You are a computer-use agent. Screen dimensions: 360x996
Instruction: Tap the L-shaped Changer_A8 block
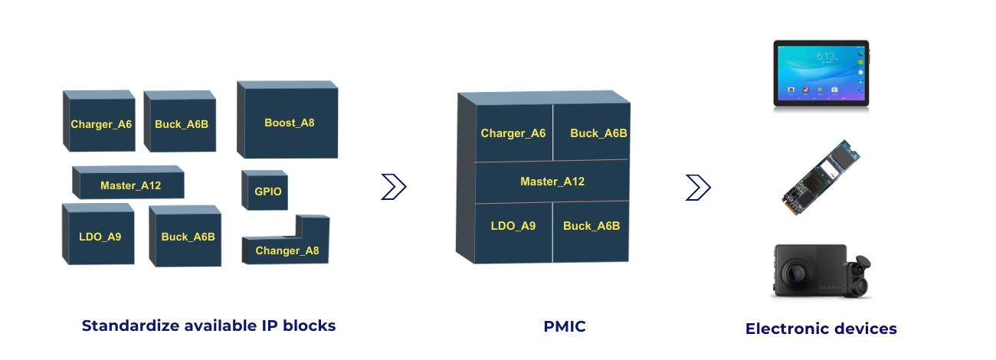pyautogui.click(x=287, y=250)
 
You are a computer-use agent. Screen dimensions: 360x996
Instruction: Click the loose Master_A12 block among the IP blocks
pyautogui.click(x=130, y=185)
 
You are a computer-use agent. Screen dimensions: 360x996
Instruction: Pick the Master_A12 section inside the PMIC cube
pyautogui.click(x=552, y=182)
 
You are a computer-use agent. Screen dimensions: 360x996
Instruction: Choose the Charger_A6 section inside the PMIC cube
pyautogui.click(x=513, y=133)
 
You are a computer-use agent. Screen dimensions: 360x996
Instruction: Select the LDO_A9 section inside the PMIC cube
pyautogui.click(x=513, y=226)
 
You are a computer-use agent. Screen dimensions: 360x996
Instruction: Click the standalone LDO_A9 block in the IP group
pyautogui.click(x=100, y=237)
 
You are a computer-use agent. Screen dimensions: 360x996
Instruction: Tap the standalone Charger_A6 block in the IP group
pyautogui.click(x=101, y=124)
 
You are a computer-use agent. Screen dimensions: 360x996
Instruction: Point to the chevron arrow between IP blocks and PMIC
pyautogui.click(x=393, y=186)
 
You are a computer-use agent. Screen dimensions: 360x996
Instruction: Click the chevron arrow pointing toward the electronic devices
pyautogui.click(x=698, y=187)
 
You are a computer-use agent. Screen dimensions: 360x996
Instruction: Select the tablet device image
pyautogui.click(x=821, y=74)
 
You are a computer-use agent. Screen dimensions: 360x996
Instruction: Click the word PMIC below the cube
pyautogui.click(x=564, y=326)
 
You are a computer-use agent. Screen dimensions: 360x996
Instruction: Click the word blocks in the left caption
pyautogui.click(x=310, y=326)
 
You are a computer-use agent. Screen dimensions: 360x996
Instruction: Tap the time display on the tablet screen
pyautogui.click(x=825, y=56)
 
